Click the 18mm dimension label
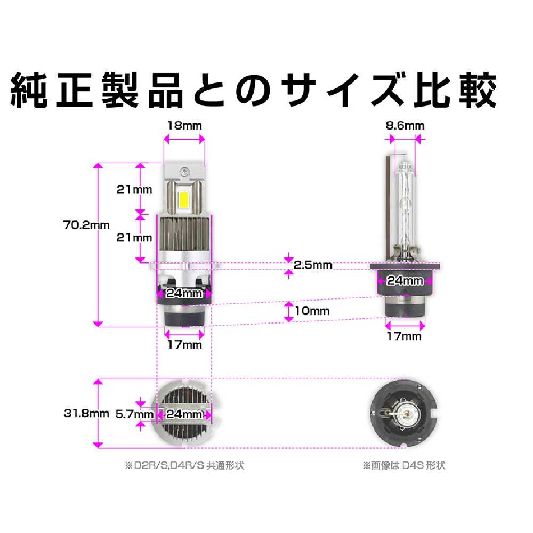click(184, 126)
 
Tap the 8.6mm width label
click(405, 126)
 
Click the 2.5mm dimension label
click(313, 265)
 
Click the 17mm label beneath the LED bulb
click(184, 345)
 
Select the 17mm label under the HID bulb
click(403, 336)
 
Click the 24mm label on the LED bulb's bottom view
click(184, 414)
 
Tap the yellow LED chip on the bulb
click(183, 199)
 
